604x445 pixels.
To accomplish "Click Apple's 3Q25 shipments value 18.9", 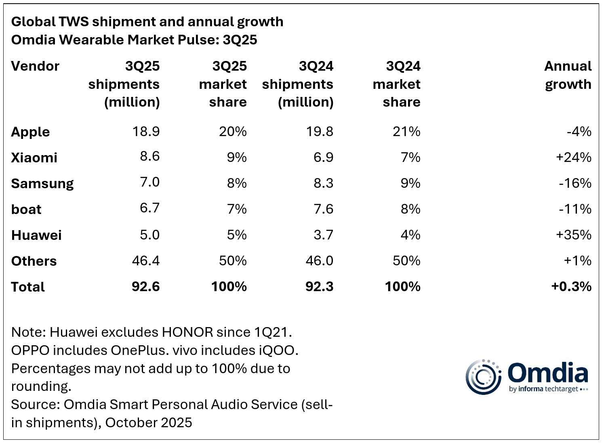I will [146, 132].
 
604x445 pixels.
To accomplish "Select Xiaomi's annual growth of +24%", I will [573, 157].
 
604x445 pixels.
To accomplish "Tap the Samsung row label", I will [42, 184].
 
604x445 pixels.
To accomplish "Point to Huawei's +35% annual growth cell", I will [573, 235].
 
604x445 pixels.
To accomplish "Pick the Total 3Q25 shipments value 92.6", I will [145, 287].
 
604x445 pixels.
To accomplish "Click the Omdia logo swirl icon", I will [483, 377].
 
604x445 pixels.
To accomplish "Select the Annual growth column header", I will [568, 75].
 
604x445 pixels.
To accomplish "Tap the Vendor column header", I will [35, 66].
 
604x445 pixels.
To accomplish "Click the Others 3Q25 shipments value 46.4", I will [145, 261].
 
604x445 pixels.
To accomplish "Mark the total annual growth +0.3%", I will [571, 287].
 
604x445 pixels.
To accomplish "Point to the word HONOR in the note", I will [187, 332].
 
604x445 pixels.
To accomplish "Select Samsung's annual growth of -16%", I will [575, 183].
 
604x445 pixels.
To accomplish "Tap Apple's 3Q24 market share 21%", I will [406, 132].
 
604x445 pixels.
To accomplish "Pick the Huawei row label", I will [36, 235].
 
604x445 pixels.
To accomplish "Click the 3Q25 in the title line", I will [240, 40].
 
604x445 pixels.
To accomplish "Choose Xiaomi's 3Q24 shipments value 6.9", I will [323, 157].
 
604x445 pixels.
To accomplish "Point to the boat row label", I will [26, 210].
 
